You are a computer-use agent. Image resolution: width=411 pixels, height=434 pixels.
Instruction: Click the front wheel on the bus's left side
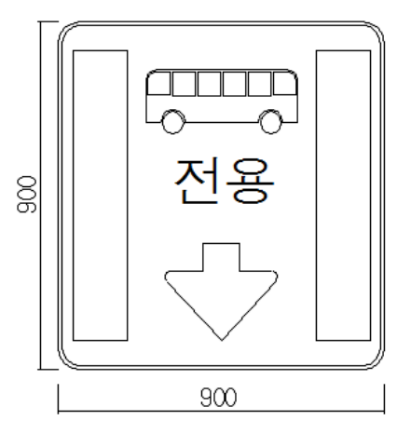point(173,122)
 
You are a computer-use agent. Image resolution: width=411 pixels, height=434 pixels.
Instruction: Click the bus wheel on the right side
point(270,122)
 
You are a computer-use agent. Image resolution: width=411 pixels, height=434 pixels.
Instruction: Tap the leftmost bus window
point(159,83)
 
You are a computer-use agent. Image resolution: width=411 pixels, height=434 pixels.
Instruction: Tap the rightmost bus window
point(285,83)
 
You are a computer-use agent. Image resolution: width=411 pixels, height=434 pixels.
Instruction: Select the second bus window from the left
point(184,84)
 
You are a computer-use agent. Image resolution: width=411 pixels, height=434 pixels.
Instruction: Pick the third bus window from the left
point(209,84)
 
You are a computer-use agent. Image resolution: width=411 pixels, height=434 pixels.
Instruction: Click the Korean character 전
point(197,181)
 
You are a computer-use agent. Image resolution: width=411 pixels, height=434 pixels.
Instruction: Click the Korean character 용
point(251,181)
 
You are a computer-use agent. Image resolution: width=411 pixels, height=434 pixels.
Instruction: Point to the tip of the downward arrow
point(221,340)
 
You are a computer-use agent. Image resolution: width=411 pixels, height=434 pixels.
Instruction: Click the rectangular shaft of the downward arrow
point(221,257)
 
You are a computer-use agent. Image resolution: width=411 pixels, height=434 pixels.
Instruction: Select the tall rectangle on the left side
point(101,196)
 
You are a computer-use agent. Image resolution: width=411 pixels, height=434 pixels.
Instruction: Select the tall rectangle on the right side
point(343,196)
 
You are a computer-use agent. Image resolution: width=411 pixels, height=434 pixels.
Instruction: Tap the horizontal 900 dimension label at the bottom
point(218,397)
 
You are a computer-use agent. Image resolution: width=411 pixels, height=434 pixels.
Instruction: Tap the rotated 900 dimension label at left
point(27,195)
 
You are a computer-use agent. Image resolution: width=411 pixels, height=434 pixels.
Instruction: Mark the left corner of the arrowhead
point(166,275)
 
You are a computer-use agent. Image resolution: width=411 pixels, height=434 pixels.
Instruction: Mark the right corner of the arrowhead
point(276,275)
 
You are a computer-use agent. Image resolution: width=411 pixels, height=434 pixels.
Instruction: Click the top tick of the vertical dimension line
point(48,21)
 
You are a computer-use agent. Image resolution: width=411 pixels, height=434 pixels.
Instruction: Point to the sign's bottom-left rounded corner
point(64,362)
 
